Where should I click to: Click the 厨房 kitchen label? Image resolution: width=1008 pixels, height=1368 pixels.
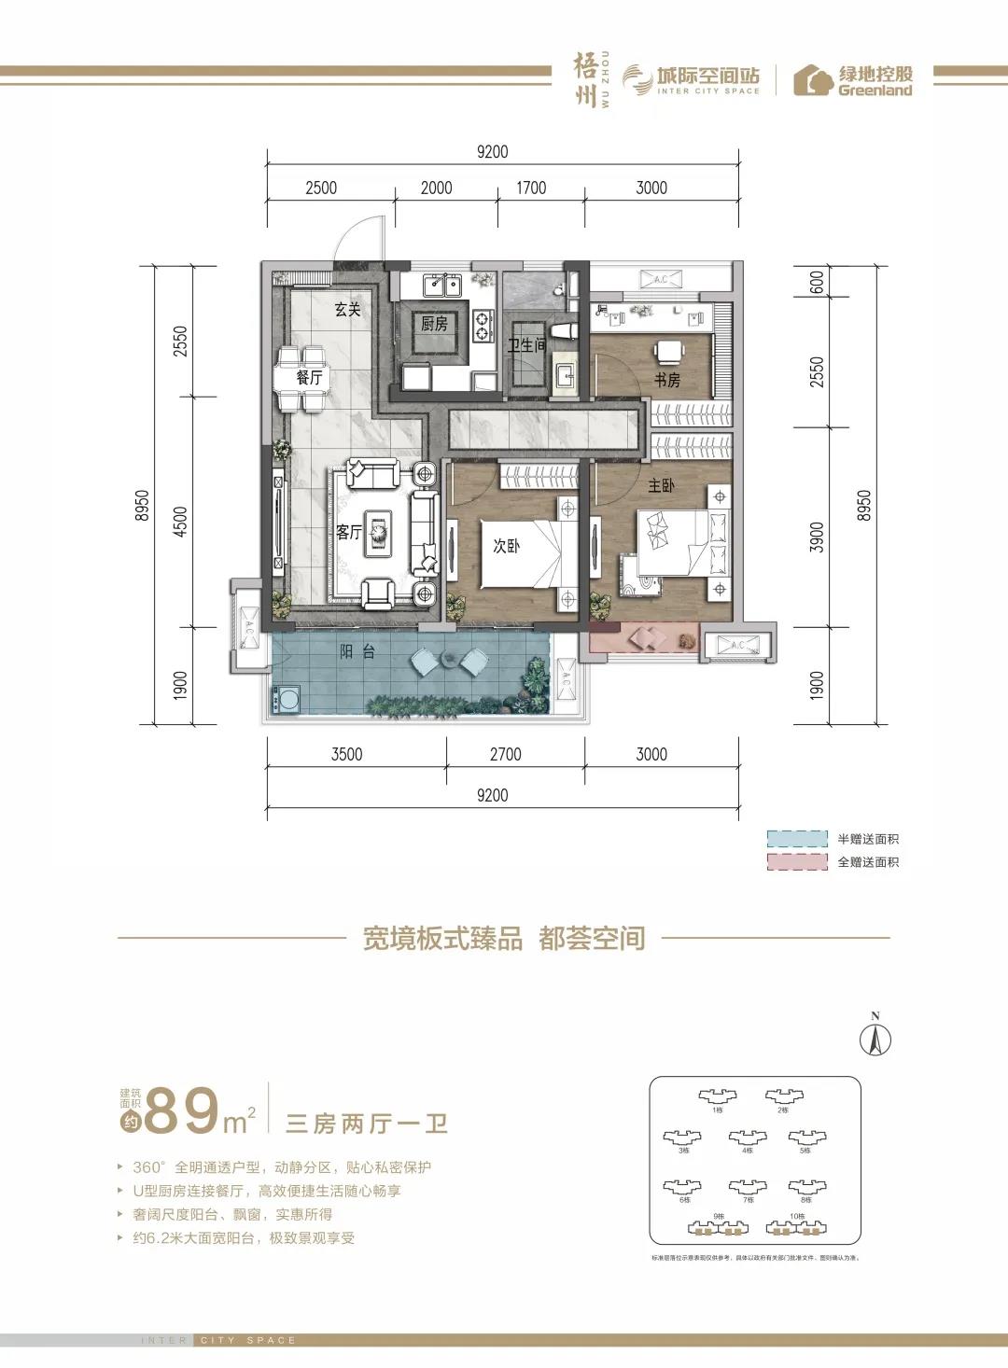434,324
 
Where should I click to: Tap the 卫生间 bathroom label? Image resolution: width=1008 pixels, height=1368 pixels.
526,345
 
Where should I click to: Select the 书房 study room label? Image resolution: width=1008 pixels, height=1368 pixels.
666,380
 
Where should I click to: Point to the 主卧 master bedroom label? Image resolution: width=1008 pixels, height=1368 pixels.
661,485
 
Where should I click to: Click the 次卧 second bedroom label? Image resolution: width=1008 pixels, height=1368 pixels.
506,546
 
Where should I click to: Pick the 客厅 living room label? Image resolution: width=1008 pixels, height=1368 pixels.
348,532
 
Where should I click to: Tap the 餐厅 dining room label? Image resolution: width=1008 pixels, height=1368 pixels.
309,378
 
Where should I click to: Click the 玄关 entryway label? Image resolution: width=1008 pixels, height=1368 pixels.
347,309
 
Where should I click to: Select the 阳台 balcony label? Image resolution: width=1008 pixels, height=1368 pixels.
357,652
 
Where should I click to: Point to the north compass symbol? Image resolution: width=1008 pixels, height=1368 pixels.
875,1039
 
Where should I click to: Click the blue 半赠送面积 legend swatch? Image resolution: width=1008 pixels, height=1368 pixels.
797,838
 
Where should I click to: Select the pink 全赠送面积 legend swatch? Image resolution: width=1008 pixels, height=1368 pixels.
797,861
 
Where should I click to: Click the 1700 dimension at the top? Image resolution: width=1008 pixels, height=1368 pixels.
531,188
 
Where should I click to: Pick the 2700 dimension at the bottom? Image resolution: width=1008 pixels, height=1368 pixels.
505,754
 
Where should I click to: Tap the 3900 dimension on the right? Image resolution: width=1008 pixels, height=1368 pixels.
818,537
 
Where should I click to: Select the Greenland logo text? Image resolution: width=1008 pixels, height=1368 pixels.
875,91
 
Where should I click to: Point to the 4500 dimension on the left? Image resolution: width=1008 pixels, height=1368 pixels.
180,521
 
